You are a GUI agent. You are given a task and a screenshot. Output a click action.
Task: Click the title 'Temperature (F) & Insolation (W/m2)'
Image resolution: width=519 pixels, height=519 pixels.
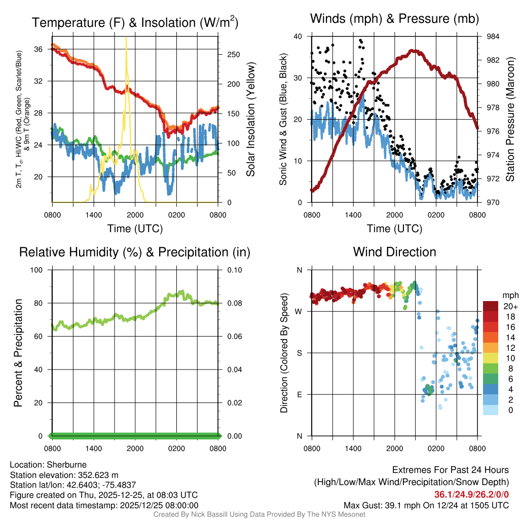click(135, 22)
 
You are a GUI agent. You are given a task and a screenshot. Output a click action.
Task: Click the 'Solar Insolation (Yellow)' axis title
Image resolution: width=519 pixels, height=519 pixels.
click(251, 119)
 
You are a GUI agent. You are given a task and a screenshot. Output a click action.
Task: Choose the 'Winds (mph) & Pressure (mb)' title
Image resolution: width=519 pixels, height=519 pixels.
click(394, 19)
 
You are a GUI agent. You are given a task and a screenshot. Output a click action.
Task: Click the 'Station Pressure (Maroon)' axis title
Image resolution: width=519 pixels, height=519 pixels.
click(510, 119)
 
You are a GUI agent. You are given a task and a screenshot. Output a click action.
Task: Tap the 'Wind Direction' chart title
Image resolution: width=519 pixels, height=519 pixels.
click(394, 252)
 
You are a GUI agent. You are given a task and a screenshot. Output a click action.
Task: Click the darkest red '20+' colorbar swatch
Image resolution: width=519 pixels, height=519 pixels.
click(490, 306)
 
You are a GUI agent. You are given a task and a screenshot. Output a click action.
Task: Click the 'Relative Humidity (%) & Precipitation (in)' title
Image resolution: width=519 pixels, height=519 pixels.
click(135, 252)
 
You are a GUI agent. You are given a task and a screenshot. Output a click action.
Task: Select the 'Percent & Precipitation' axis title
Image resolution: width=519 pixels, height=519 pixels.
click(18, 353)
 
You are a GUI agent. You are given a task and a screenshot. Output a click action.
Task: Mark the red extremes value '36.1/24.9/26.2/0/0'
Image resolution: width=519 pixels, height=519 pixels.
click(471, 495)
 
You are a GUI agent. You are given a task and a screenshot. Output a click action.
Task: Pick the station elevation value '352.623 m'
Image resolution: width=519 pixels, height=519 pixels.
click(98, 475)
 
